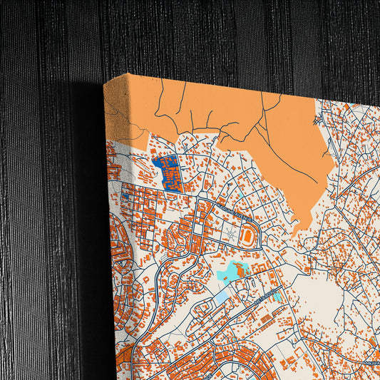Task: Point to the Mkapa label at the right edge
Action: [x=373, y=362]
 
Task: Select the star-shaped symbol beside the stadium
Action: [x=230, y=234]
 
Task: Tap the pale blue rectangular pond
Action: [x=222, y=295]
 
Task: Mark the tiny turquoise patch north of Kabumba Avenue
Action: [x=242, y=194]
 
